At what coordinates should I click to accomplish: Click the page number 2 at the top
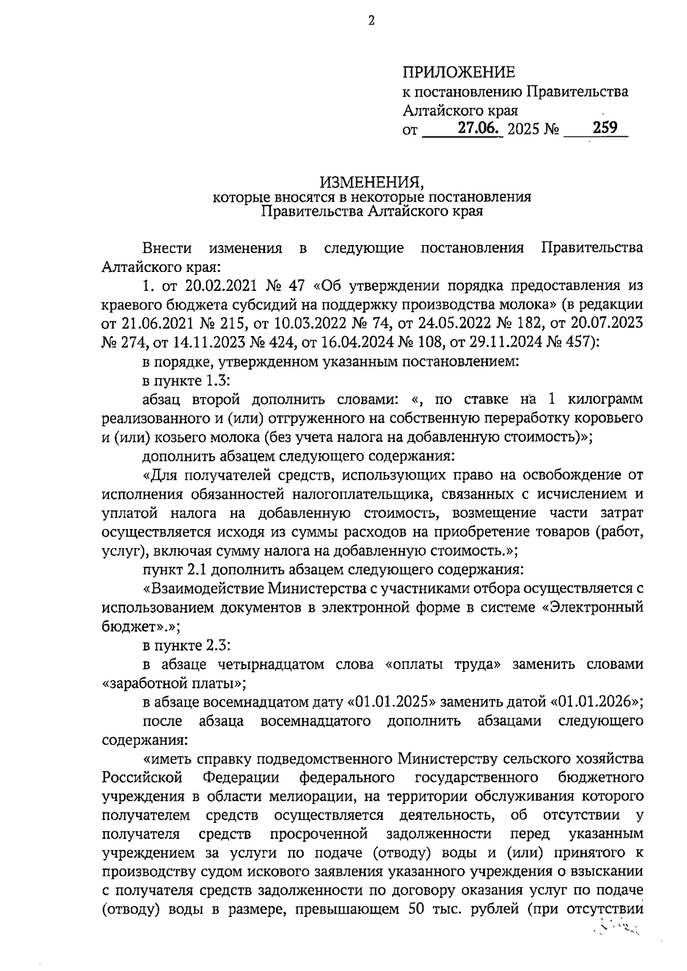point(371,22)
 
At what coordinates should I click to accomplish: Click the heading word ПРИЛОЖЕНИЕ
point(459,73)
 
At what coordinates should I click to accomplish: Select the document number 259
point(605,128)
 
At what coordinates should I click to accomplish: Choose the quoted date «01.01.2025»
point(388,701)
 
